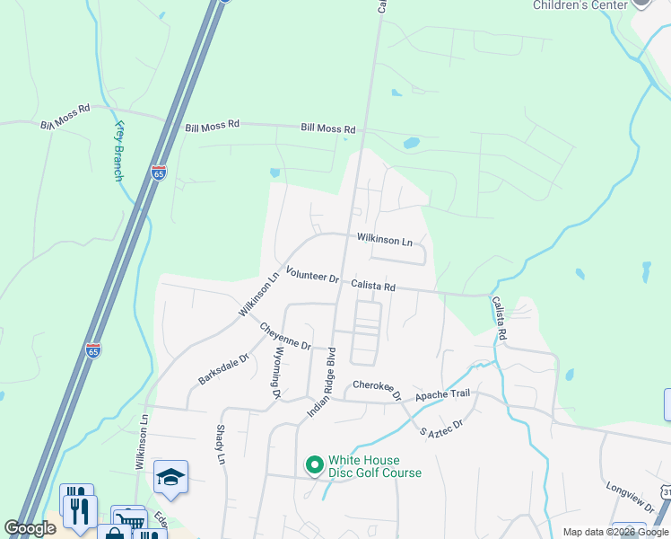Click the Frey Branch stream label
click(118, 151)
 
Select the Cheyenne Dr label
click(286, 335)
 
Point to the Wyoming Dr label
click(277, 373)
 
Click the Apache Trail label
click(441, 394)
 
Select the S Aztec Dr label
click(441, 428)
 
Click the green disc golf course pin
click(314, 465)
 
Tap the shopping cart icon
click(128, 521)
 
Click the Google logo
click(30, 528)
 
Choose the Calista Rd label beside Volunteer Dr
click(373, 286)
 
